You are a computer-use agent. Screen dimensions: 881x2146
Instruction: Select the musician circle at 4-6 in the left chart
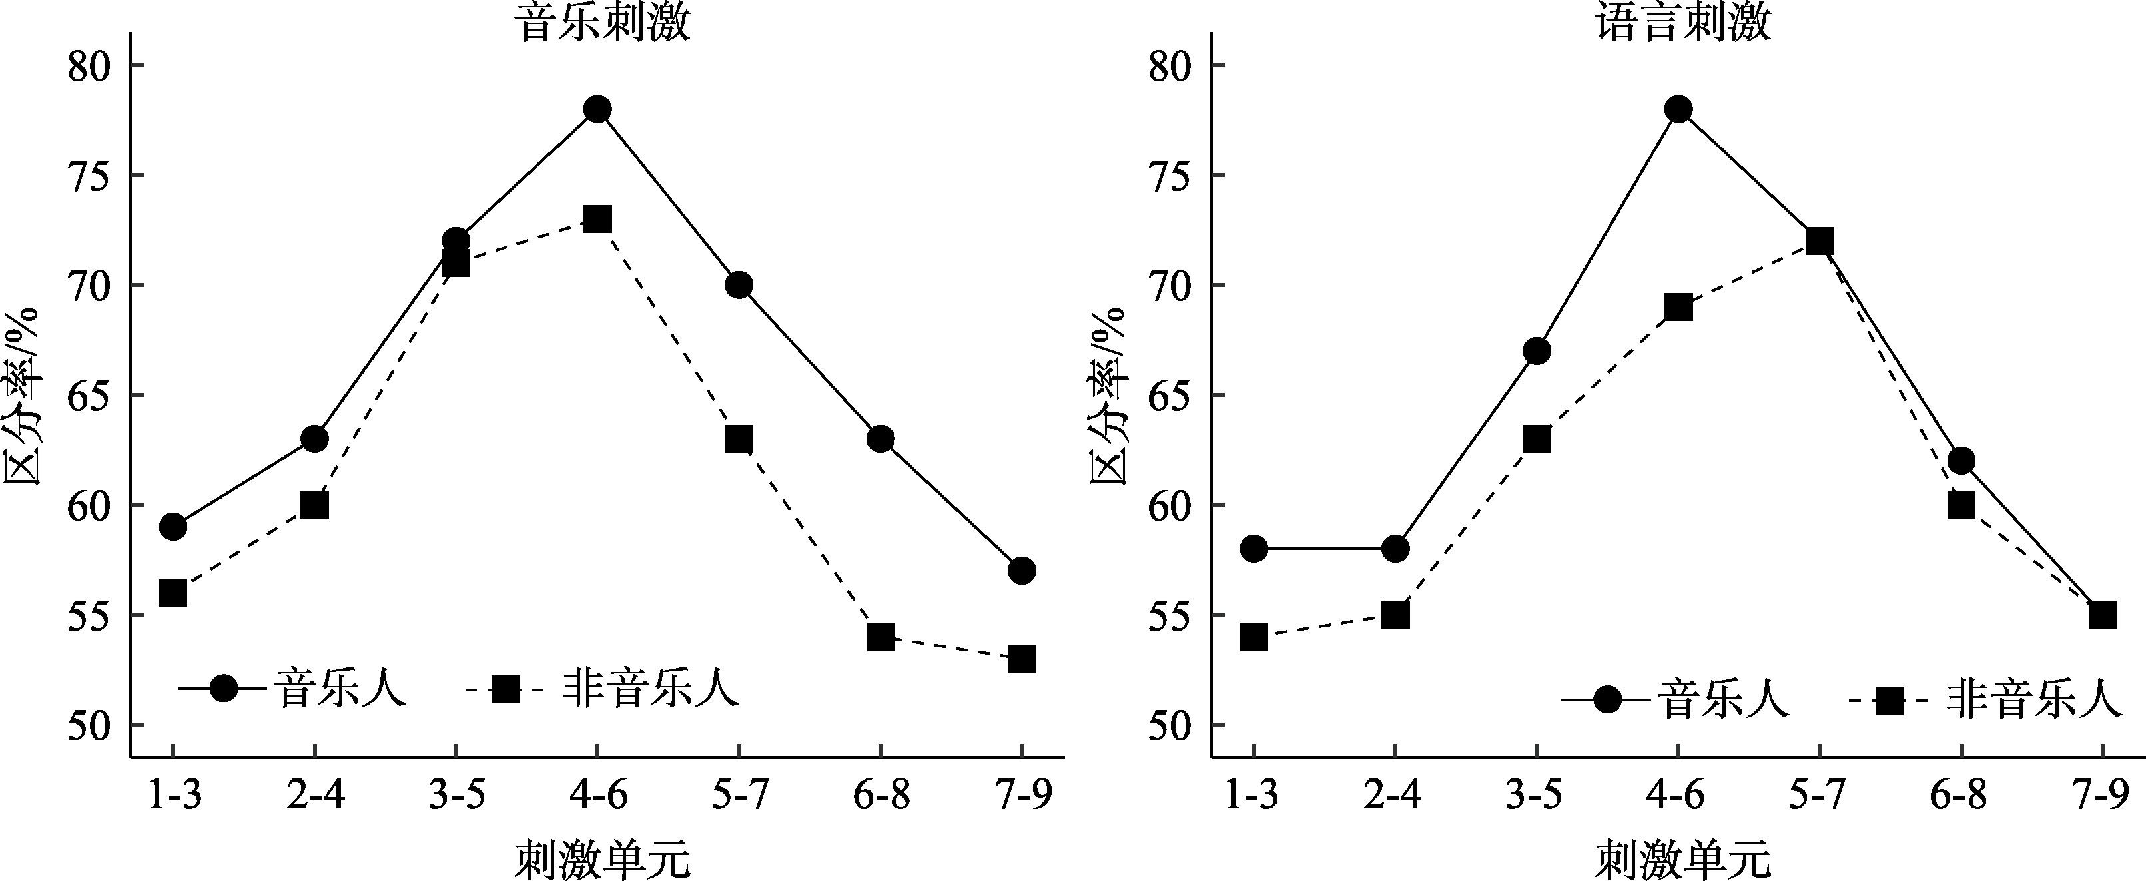point(597,109)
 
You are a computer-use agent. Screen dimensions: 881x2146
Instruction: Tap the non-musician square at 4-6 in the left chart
point(597,220)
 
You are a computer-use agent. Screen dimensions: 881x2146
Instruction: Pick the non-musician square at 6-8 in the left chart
point(881,637)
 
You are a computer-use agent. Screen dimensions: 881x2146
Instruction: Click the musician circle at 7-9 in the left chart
point(1022,571)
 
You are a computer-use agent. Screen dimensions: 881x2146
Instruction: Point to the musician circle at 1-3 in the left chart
point(173,526)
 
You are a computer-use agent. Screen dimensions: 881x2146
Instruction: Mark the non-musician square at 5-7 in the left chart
point(739,439)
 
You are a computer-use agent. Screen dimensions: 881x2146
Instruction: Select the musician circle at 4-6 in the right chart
point(1678,109)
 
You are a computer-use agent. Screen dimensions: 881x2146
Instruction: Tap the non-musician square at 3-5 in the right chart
point(1537,439)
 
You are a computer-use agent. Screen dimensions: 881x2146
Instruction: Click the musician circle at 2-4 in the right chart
point(1395,549)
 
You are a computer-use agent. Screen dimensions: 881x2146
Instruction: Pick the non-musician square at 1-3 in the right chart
point(1253,637)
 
